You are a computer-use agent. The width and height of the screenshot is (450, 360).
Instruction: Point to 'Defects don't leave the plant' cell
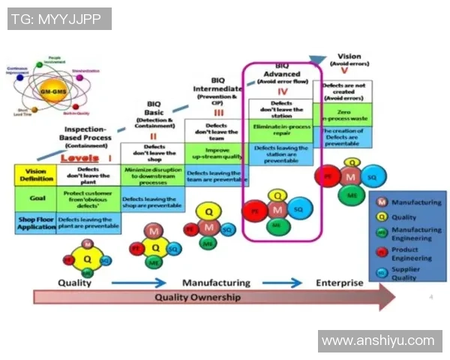coord(89,175)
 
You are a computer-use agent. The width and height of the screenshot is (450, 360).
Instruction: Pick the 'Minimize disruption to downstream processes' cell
coord(152,177)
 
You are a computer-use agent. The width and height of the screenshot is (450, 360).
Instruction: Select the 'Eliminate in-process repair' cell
coord(281,129)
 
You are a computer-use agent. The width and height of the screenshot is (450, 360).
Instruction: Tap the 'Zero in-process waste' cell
coord(343,115)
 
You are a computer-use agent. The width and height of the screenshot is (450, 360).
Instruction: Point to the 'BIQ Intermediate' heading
coord(218,89)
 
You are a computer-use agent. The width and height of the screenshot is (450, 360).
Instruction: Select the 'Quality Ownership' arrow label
coord(198,297)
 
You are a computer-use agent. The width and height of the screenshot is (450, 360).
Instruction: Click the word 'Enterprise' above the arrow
coord(338,283)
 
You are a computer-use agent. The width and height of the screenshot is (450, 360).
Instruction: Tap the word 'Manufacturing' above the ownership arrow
coord(216,283)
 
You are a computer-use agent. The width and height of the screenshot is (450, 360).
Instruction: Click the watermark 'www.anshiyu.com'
coord(378,341)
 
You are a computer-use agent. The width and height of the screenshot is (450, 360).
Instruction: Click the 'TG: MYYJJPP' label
coord(58,19)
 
